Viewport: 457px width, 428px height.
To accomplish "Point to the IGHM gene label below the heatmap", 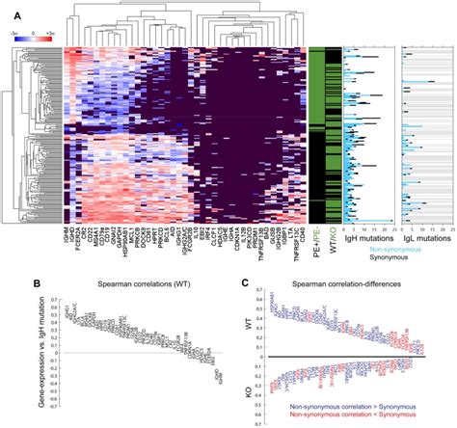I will (x=67, y=232).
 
